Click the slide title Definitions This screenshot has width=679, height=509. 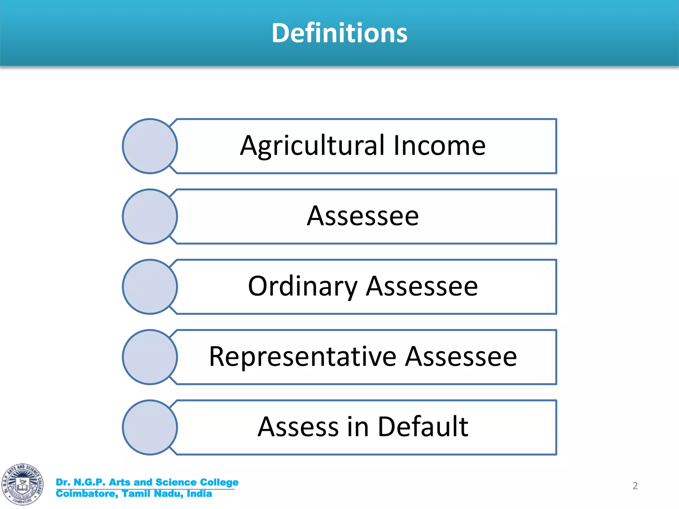click(339, 33)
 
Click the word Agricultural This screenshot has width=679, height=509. click(312, 146)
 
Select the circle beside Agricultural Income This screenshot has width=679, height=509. click(150, 146)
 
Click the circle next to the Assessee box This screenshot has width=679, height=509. click(150, 216)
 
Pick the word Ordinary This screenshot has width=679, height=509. click(302, 286)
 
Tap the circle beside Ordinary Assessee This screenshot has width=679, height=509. click(150, 287)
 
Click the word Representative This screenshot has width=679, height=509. click(302, 357)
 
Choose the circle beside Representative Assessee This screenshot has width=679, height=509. click(150, 357)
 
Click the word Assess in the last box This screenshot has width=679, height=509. click(298, 427)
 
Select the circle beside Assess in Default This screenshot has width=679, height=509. click(150, 427)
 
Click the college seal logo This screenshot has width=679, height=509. click(22, 484)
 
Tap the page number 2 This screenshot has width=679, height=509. click(635, 486)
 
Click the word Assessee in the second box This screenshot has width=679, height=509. click(363, 216)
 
